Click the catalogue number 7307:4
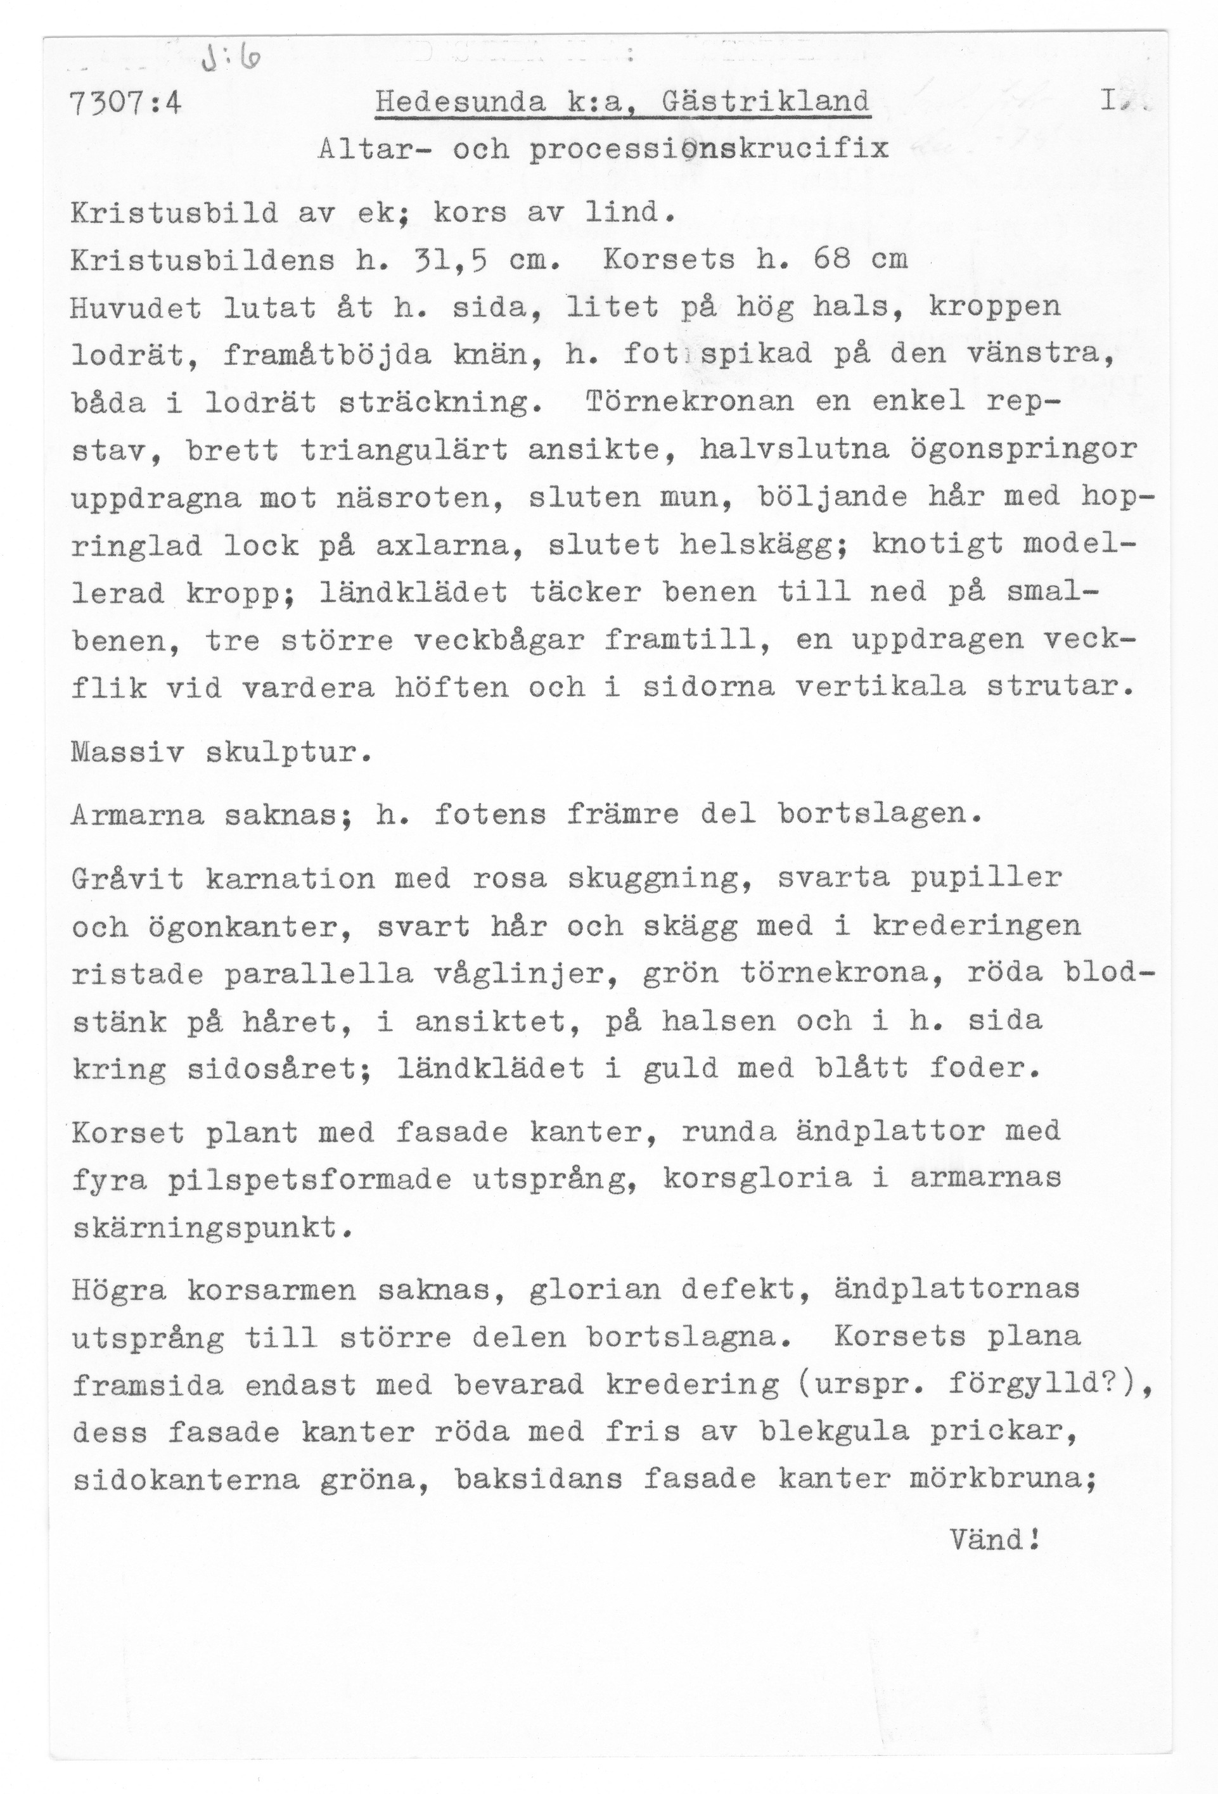[x=125, y=103]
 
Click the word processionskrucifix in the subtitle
[x=708, y=149]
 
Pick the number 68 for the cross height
[x=832, y=260]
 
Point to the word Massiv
[x=127, y=752]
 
